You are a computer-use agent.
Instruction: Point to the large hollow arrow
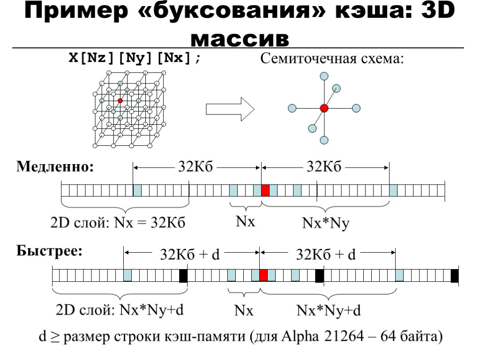click(230, 110)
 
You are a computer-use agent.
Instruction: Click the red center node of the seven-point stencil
click(324, 108)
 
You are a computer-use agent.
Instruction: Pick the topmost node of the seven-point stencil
click(324, 76)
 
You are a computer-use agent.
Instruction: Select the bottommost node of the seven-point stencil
click(324, 140)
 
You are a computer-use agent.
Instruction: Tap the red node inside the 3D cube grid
click(120, 101)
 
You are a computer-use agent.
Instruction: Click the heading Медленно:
click(55, 166)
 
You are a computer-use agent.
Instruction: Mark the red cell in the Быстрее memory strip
click(263, 275)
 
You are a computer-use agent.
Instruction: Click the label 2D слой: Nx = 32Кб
click(118, 223)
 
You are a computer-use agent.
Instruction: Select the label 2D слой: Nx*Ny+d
click(120, 310)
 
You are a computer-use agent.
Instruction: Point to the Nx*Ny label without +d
click(326, 224)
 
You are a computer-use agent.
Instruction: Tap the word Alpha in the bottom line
click(301, 337)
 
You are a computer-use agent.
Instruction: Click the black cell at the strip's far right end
click(454, 276)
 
